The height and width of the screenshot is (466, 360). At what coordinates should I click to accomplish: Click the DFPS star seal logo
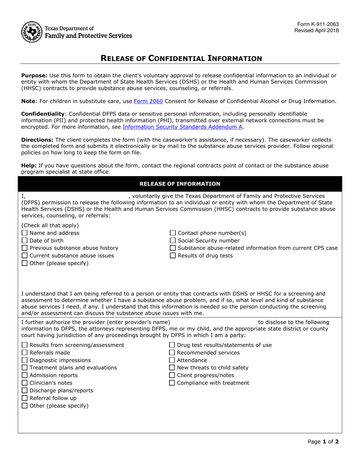31,32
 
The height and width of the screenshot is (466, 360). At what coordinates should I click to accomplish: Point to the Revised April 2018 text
316,31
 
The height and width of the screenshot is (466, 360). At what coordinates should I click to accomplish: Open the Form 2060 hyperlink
149,101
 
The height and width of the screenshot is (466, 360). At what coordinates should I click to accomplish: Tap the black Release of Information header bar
180,184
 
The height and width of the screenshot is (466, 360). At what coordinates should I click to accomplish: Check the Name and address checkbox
25,233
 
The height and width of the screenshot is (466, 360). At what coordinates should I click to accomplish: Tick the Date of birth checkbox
25,241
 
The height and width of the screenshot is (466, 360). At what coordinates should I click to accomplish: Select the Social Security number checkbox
173,241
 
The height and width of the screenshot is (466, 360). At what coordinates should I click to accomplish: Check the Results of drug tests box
173,256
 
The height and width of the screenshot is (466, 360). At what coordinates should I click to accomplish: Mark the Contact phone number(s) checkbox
173,233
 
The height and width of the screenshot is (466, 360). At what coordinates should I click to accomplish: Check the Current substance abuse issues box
25,256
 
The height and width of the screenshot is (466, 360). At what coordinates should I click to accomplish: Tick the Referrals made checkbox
25,353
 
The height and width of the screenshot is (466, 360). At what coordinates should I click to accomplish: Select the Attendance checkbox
172,360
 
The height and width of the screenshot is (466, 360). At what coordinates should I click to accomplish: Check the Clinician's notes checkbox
25,383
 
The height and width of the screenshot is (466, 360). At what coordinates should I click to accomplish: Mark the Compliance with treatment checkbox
172,383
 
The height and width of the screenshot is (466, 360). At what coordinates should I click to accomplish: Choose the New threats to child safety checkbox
172,368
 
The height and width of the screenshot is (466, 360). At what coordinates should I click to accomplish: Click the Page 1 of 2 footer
323,441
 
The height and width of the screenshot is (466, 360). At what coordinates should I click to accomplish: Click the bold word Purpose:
34,75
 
